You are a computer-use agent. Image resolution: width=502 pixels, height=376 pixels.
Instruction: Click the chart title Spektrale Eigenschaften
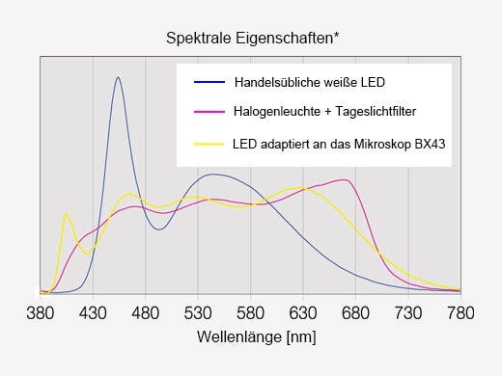click(x=253, y=39)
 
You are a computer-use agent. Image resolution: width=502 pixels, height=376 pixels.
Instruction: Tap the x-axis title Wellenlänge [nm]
click(x=256, y=337)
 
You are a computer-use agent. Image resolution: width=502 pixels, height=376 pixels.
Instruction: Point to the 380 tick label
click(x=40, y=312)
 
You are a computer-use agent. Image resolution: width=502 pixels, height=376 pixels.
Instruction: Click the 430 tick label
click(x=93, y=312)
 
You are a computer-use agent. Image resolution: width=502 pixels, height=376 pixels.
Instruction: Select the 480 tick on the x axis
click(x=145, y=312)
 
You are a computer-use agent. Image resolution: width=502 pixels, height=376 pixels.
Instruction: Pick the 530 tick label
click(x=198, y=312)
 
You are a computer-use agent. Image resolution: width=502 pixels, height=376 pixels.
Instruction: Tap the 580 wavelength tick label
click(x=250, y=312)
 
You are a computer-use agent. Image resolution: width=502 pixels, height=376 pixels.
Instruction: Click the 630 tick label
click(x=303, y=312)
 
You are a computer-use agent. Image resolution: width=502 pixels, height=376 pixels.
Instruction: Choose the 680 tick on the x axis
click(x=356, y=312)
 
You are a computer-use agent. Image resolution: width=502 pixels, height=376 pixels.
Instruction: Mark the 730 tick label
click(x=408, y=312)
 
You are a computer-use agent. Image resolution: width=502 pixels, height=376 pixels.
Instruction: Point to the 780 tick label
click(x=460, y=312)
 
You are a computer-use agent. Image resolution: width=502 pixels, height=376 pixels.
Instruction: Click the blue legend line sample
click(x=209, y=80)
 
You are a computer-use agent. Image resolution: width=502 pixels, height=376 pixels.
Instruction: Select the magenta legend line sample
click(x=209, y=112)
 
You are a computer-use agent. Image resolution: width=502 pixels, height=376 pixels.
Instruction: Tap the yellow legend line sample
click(x=209, y=145)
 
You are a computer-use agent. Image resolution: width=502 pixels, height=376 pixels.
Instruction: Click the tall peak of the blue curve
click(x=118, y=78)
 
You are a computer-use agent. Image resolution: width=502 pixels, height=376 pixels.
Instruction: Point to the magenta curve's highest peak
click(x=344, y=179)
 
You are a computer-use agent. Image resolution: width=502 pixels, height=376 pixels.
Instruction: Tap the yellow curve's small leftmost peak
click(x=67, y=214)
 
